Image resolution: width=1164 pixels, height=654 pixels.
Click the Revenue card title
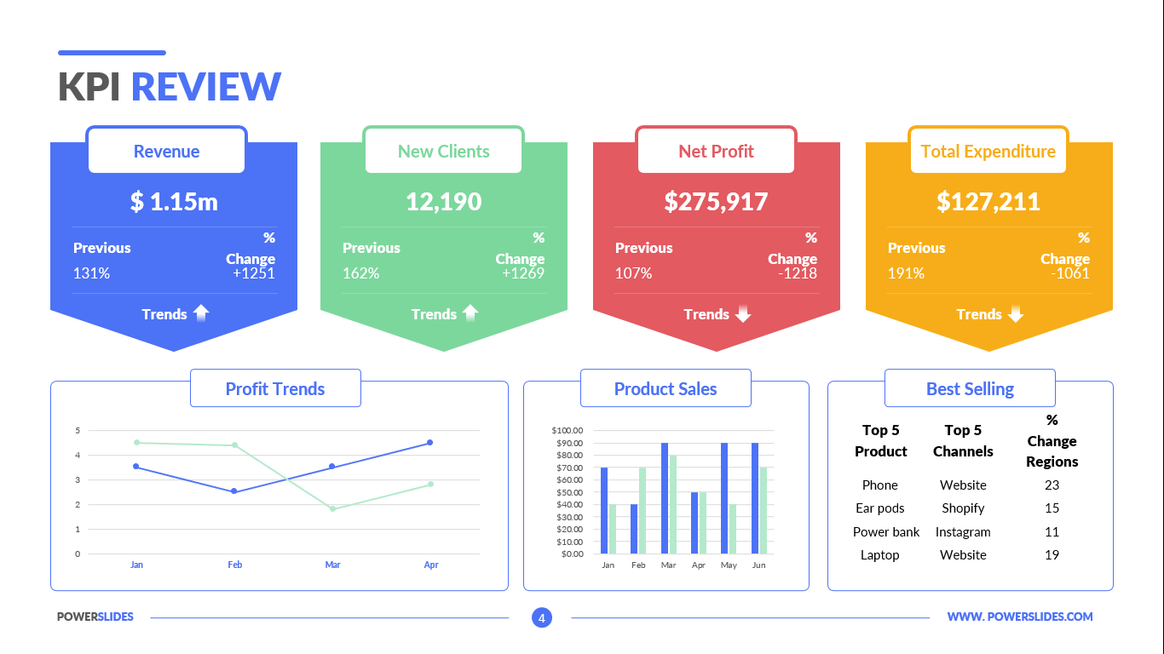(x=166, y=152)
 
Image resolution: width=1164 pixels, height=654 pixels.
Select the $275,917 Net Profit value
(x=716, y=202)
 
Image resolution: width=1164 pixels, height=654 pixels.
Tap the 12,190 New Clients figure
(x=443, y=202)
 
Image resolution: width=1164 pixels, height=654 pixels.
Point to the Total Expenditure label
(x=988, y=152)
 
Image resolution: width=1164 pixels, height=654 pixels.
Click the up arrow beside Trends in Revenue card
(x=201, y=313)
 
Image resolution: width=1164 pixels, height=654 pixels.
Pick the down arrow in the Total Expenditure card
(x=1015, y=314)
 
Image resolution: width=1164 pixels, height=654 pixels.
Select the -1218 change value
(x=798, y=273)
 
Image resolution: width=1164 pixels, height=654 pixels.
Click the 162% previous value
(x=360, y=273)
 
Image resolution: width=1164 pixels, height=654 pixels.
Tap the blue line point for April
(x=430, y=443)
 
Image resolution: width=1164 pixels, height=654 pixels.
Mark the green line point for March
(x=332, y=509)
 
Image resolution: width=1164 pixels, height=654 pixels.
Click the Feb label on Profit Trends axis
(x=234, y=565)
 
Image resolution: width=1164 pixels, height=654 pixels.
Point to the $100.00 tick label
(x=567, y=430)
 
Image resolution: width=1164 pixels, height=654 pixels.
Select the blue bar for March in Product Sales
(x=665, y=498)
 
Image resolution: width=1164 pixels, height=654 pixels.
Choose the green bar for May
(x=733, y=529)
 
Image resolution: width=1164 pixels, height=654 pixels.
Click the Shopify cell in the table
(x=963, y=508)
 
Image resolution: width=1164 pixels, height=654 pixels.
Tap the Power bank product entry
(x=886, y=532)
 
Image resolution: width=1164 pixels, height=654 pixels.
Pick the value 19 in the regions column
(x=1052, y=555)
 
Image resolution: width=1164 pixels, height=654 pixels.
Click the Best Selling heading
(x=970, y=389)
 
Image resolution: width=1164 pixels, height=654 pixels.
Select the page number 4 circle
(x=541, y=617)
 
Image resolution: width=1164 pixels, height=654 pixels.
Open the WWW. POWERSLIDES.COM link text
(x=1019, y=617)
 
